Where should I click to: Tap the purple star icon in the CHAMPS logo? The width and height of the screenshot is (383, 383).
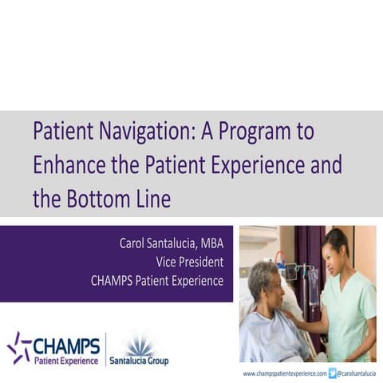click(x=18, y=346)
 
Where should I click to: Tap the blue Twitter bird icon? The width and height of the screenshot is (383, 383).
click(x=332, y=373)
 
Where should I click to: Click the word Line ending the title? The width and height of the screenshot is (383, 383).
click(x=153, y=199)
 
